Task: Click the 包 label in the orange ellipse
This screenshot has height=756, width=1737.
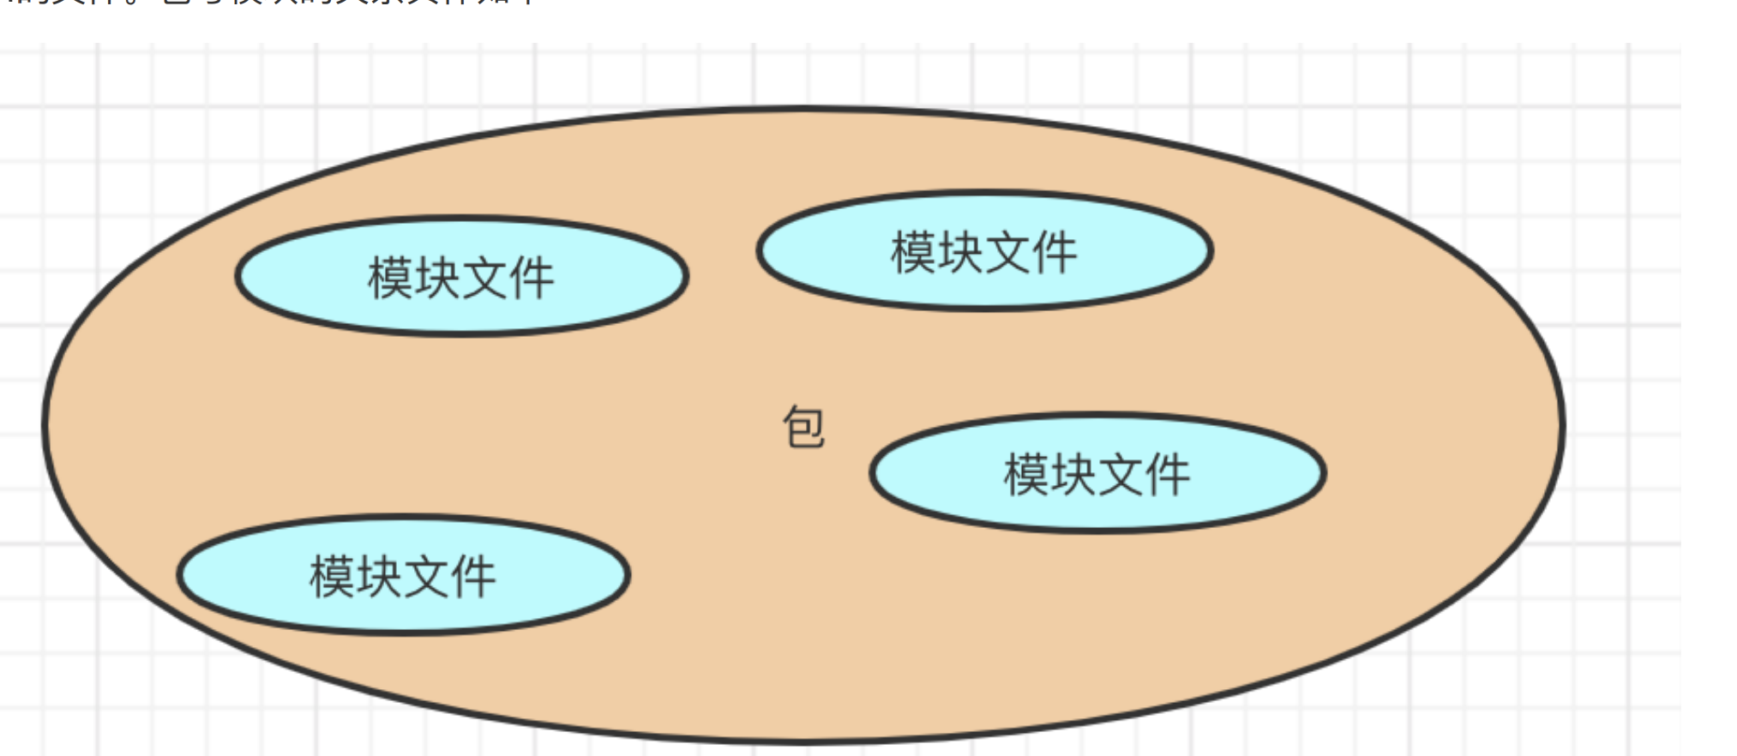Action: coord(803,427)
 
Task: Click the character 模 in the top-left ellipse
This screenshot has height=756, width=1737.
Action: coord(390,278)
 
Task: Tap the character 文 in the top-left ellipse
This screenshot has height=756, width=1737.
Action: coord(484,278)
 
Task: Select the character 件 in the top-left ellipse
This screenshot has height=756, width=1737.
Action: coord(532,278)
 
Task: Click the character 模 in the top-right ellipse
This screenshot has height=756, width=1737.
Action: coord(913,252)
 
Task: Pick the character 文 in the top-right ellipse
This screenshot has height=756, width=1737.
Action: coord(1007,252)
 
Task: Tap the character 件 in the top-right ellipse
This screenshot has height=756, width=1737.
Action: coord(1055,252)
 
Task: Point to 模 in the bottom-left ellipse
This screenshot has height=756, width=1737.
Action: coord(332,576)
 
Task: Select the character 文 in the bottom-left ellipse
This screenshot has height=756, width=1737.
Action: coord(426,576)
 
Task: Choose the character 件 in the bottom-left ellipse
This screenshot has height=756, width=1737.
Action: coord(473,576)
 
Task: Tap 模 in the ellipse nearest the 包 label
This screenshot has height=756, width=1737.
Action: coord(1026,474)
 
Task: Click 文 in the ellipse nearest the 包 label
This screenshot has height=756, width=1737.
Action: coord(1121,474)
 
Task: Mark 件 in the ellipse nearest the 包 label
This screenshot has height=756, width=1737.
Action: coord(1168,474)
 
